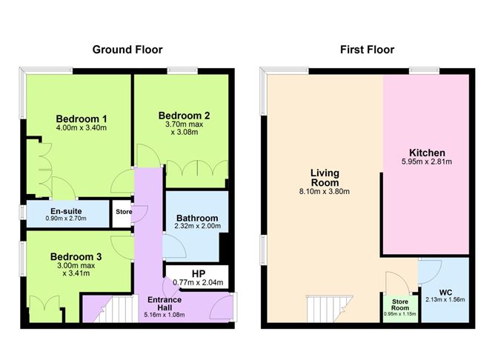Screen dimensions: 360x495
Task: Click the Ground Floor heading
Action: pos(127,50)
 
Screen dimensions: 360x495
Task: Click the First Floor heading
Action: pos(367,50)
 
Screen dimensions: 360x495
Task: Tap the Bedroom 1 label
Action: pos(82,119)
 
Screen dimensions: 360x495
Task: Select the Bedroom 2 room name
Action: pos(184,115)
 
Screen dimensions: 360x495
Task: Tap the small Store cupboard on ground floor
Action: pos(123,212)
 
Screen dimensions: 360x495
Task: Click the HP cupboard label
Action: pos(198,273)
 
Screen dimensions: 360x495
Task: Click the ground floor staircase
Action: pos(101,306)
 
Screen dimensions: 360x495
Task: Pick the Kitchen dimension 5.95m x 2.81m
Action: pos(427,161)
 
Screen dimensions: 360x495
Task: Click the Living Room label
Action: pos(325,178)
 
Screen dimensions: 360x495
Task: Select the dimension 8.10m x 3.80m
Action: pos(325,192)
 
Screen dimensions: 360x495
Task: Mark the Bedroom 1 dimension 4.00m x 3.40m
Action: pos(82,128)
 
